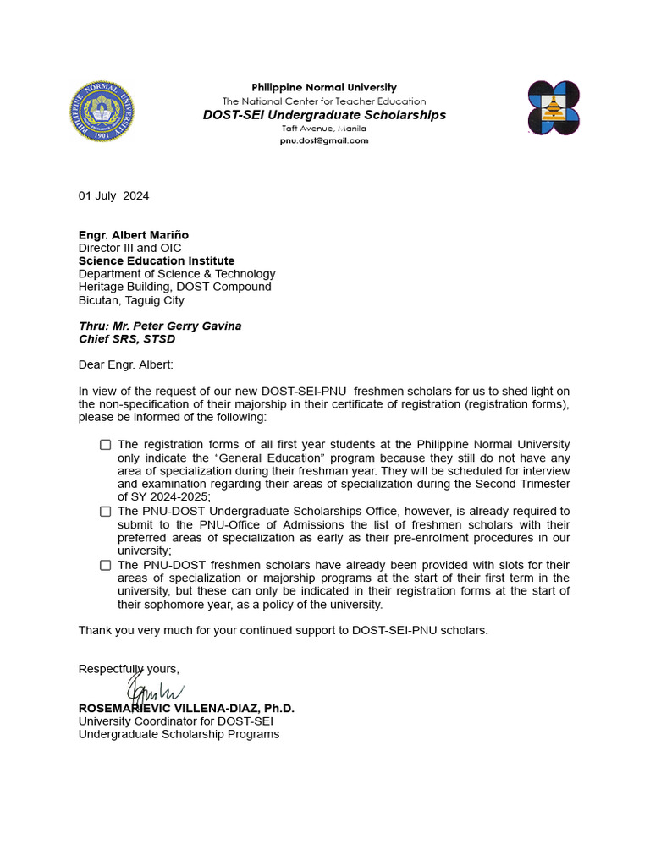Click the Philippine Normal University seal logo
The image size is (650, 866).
pyautogui.click(x=102, y=111)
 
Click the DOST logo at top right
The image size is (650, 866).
pyautogui.click(x=554, y=108)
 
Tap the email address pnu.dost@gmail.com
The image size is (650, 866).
pyautogui.click(x=324, y=140)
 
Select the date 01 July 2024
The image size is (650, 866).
pyautogui.click(x=114, y=196)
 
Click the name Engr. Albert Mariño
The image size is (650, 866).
pyautogui.click(x=134, y=235)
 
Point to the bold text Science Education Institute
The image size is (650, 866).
pyautogui.click(x=157, y=261)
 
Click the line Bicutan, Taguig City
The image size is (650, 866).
pyautogui.click(x=131, y=300)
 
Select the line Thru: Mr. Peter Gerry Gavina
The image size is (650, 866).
pyautogui.click(x=160, y=326)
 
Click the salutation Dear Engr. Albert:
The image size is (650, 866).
pyautogui.click(x=125, y=365)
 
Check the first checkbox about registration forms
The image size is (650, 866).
pyautogui.click(x=106, y=445)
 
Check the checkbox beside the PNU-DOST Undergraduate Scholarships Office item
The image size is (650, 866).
pyautogui.click(x=106, y=512)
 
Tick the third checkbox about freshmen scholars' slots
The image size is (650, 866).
pyautogui.click(x=106, y=565)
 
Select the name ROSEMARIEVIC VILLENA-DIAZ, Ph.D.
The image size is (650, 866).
pyautogui.click(x=186, y=709)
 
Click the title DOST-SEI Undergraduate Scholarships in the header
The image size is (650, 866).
pyautogui.click(x=324, y=115)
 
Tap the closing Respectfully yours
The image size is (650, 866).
pyautogui.click(x=129, y=669)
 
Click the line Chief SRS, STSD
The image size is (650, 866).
pyautogui.click(x=127, y=339)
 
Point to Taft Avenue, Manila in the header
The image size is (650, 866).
pyautogui.click(x=324, y=129)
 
